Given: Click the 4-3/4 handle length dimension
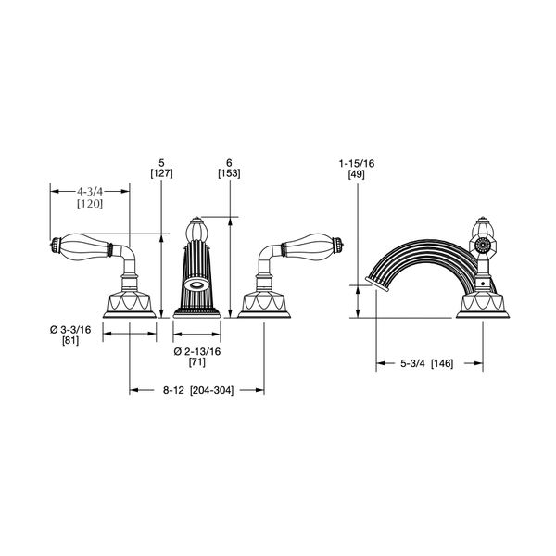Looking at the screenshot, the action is [x=90, y=192].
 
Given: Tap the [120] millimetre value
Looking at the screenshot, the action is [x=90, y=204].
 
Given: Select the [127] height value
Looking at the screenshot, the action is [x=161, y=174].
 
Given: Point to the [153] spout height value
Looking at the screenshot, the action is [x=229, y=174].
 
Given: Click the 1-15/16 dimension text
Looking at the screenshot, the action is [x=357, y=164].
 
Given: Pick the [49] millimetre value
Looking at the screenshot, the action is [x=357, y=174].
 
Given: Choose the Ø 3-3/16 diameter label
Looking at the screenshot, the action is [x=70, y=330].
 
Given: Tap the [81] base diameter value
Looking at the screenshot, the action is [x=70, y=341].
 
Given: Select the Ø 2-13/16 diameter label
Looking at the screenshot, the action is [x=197, y=352].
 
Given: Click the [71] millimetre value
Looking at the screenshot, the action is [x=197, y=362].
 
